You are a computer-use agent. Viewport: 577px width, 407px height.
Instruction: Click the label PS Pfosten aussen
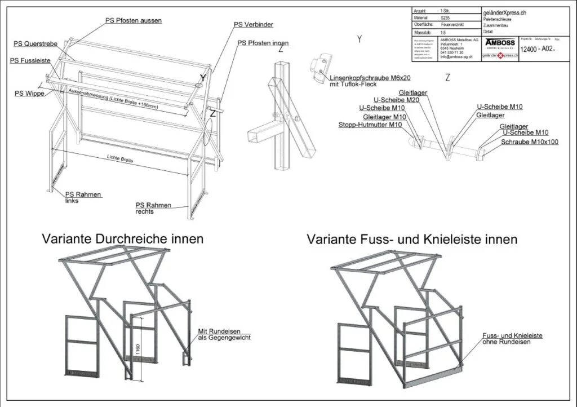(134, 20)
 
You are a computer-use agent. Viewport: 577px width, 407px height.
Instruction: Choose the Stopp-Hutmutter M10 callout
(370, 125)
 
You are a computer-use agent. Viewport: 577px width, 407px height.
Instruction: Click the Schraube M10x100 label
(530, 142)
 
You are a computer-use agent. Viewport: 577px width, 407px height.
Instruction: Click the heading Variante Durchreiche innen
(122, 239)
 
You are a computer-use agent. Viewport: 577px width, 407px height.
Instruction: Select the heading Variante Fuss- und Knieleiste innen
(412, 239)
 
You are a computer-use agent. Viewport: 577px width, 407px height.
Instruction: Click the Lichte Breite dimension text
(119, 160)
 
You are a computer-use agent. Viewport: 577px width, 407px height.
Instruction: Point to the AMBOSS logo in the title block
(499, 43)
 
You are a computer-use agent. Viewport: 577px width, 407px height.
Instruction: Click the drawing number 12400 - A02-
(538, 49)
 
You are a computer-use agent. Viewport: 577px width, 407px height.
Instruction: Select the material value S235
(445, 18)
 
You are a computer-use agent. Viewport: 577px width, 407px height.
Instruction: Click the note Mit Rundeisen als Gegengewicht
(224, 334)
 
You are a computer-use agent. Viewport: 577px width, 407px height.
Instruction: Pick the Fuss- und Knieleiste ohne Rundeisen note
(512, 338)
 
